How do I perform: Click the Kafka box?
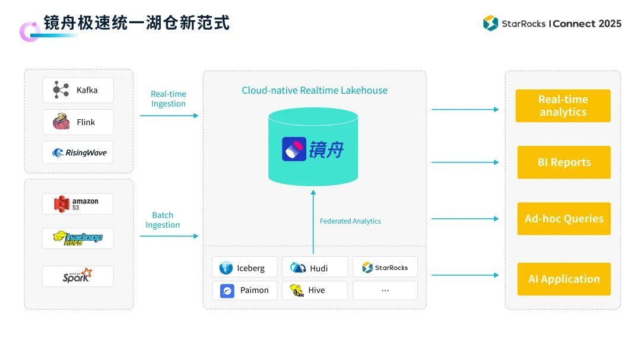pyautogui.click(x=78, y=90)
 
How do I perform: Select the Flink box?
pyautogui.click(x=78, y=122)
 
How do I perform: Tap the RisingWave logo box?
pyautogui.click(x=78, y=152)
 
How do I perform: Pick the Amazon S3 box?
pyautogui.click(x=78, y=203)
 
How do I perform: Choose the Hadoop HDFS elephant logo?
pyautogui.click(x=78, y=238)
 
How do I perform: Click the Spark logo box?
pyautogui.click(x=78, y=276)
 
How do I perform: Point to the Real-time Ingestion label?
pyautogui.click(x=169, y=98)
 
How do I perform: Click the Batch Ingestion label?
pyautogui.click(x=163, y=220)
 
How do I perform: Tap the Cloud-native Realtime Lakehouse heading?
pyautogui.click(x=315, y=90)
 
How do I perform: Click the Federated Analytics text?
pyautogui.click(x=350, y=221)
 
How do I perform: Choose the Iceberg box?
pyautogui.click(x=245, y=267)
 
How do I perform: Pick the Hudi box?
pyautogui.click(x=315, y=267)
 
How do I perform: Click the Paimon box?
pyautogui.click(x=245, y=290)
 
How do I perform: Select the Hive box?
pyautogui.click(x=315, y=290)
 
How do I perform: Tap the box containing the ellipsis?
pyautogui.click(x=385, y=290)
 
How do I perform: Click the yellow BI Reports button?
pyautogui.click(x=564, y=162)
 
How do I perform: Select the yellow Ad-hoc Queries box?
pyautogui.click(x=564, y=218)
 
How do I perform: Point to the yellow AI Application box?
pyautogui.click(x=564, y=279)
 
